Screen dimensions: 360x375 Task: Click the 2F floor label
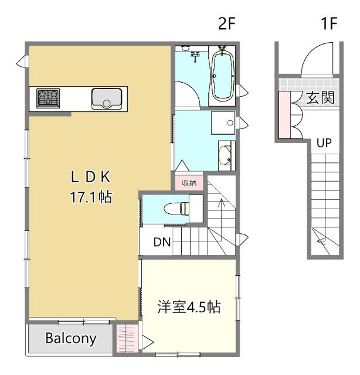point(227,23)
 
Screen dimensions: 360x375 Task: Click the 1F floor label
point(329,23)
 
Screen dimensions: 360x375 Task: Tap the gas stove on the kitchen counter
point(48,98)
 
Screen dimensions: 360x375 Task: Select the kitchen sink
point(107,99)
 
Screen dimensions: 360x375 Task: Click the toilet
point(177,209)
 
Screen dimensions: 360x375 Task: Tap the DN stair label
point(162,242)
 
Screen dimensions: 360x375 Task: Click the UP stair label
point(324,143)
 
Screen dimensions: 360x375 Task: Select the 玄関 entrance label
point(320,98)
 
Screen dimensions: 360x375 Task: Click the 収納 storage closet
point(189,183)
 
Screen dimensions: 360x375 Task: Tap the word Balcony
point(71,339)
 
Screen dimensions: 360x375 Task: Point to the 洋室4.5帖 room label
point(189,307)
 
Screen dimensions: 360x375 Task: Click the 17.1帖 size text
point(91,197)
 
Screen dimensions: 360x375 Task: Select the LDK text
point(90,177)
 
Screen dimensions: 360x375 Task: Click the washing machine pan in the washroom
point(223,122)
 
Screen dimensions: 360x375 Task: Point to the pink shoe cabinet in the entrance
point(284,115)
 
